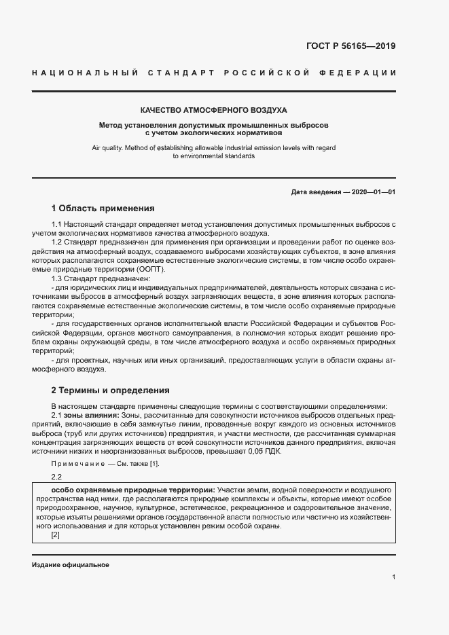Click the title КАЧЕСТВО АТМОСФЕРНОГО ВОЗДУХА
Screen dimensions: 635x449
(214, 109)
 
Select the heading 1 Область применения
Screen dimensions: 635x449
(103, 208)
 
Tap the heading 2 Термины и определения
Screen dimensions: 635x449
(105, 391)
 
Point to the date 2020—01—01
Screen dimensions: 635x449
(371, 192)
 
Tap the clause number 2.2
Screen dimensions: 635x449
(56, 477)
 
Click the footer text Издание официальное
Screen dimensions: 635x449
(70, 565)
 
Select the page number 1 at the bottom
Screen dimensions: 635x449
(393, 577)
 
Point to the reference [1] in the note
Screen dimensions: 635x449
(155, 463)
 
